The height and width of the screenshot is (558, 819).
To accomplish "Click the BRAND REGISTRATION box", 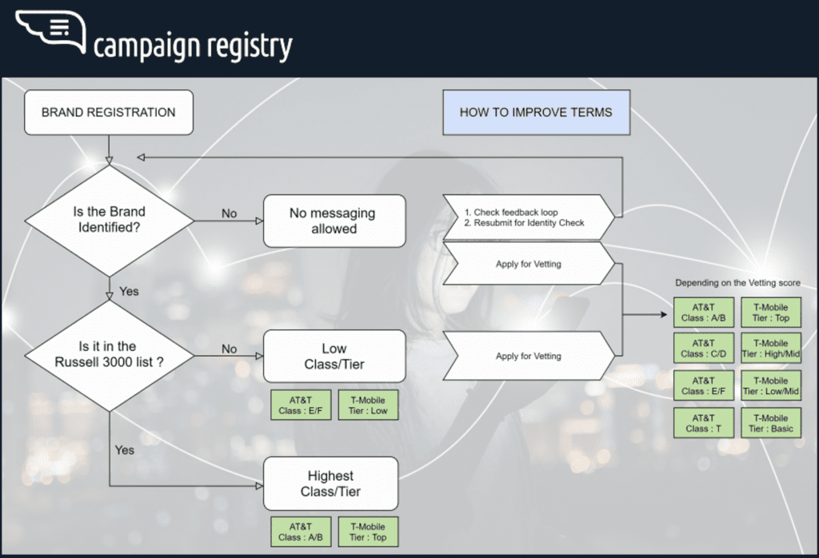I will [108, 113].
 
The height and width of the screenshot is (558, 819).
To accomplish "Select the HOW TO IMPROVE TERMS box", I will [536, 113].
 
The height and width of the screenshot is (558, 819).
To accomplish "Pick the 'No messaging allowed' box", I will [334, 221].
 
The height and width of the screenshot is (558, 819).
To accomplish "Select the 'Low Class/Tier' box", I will [334, 357].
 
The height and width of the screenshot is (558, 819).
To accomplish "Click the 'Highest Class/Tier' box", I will [330, 484].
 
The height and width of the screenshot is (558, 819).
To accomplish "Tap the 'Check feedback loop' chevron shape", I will [528, 217].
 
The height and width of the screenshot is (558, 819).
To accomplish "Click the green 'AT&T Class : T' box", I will [703, 423].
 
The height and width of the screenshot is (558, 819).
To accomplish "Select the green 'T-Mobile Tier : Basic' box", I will [771, 423].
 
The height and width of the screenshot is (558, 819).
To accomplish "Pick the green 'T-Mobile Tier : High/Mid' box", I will [771, 349].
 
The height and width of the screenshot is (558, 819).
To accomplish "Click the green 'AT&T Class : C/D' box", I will [703, 349].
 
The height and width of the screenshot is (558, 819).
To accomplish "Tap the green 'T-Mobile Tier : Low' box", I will [368, 405].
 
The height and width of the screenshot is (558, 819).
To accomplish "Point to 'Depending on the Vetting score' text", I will [737, 283].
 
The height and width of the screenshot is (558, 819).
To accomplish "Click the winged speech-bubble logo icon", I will [50, 31].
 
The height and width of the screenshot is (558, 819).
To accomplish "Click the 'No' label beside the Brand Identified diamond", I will [229, 214].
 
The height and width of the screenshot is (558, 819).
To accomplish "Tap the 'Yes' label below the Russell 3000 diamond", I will [125, 450].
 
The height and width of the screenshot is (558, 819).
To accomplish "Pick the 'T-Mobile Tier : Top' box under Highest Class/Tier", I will [368, 532].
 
